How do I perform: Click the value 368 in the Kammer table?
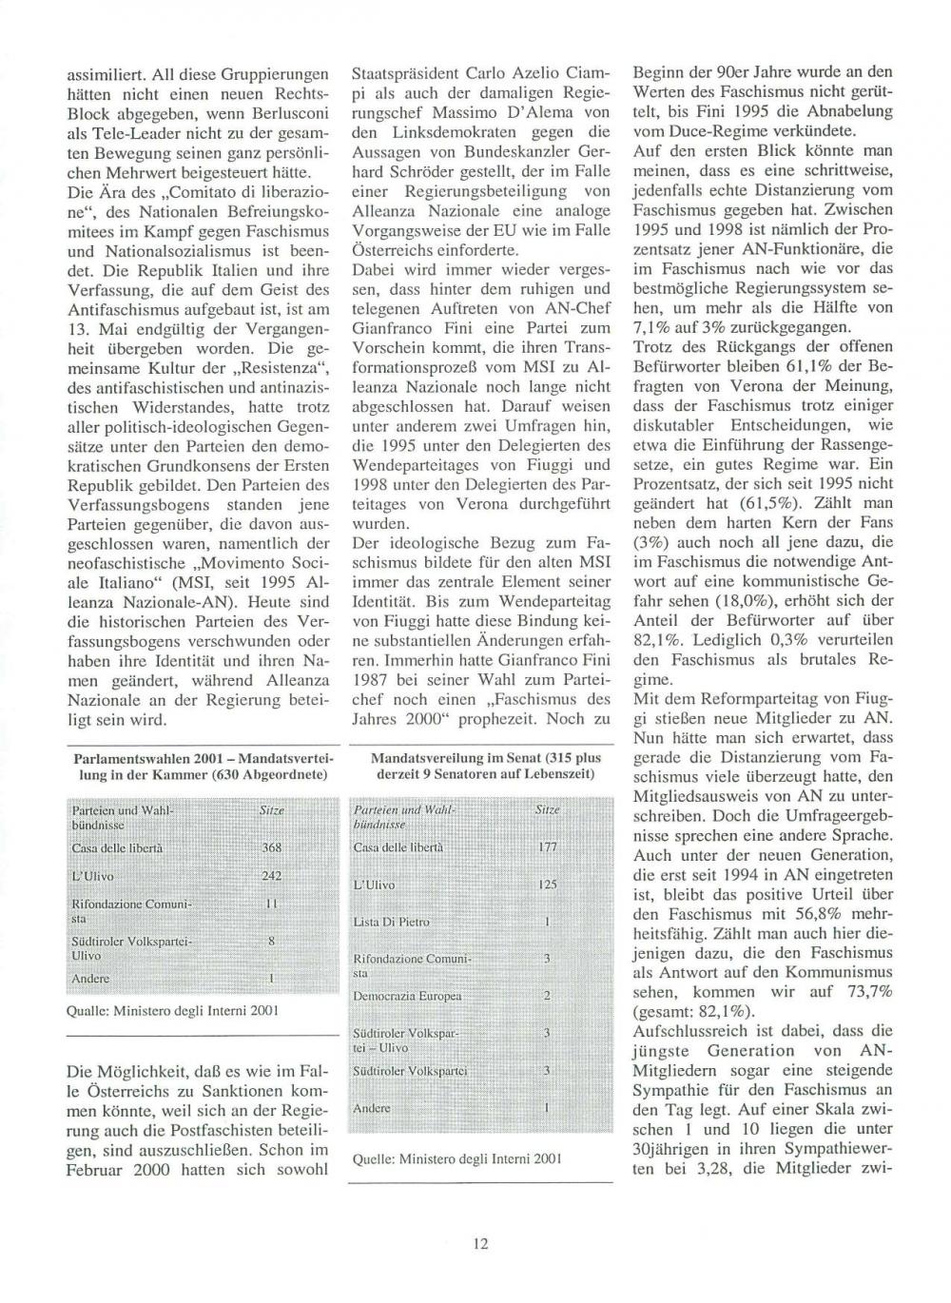[x=272, y=847]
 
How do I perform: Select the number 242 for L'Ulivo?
[x=272, y=876]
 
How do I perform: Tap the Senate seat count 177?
[x=548, y=846]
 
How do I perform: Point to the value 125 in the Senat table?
[x=548, y=885]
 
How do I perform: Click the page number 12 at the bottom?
[x=481, y=1243]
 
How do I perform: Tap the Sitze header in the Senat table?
[x=548, y=809]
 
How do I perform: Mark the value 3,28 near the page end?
[x=701, y=1170]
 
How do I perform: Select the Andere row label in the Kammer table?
[x=90, y=979]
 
